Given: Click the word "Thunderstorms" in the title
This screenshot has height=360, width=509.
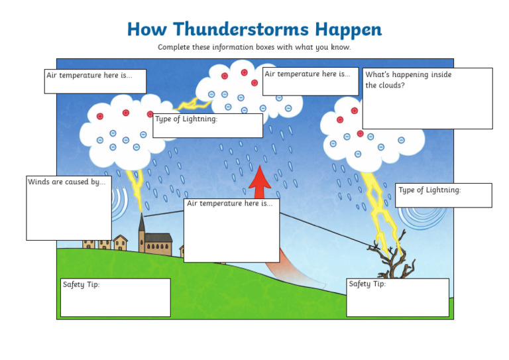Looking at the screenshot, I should click(237, 30).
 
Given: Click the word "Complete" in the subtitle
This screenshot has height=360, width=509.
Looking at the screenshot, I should click(173, 47).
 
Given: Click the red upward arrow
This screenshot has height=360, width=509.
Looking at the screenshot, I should click(261, 182).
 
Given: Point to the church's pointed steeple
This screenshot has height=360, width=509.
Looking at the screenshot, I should click(142, 223).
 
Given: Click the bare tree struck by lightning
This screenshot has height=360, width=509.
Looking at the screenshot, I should click(393, 261).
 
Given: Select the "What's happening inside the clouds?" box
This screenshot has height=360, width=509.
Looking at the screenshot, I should click(427, 98).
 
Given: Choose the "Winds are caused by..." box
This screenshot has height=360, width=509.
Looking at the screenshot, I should click(68, 208).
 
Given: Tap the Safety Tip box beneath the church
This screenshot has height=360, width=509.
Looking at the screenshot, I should click(115, 298).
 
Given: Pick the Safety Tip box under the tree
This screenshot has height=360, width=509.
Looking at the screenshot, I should click(397, 298).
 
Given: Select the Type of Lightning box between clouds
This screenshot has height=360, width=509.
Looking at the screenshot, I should click(207, 125).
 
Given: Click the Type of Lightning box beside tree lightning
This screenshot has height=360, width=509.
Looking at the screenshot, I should click(443, 196).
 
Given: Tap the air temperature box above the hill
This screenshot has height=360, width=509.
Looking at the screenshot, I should click(231, 229).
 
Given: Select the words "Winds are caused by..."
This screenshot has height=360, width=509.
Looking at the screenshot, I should click(66, 182).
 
